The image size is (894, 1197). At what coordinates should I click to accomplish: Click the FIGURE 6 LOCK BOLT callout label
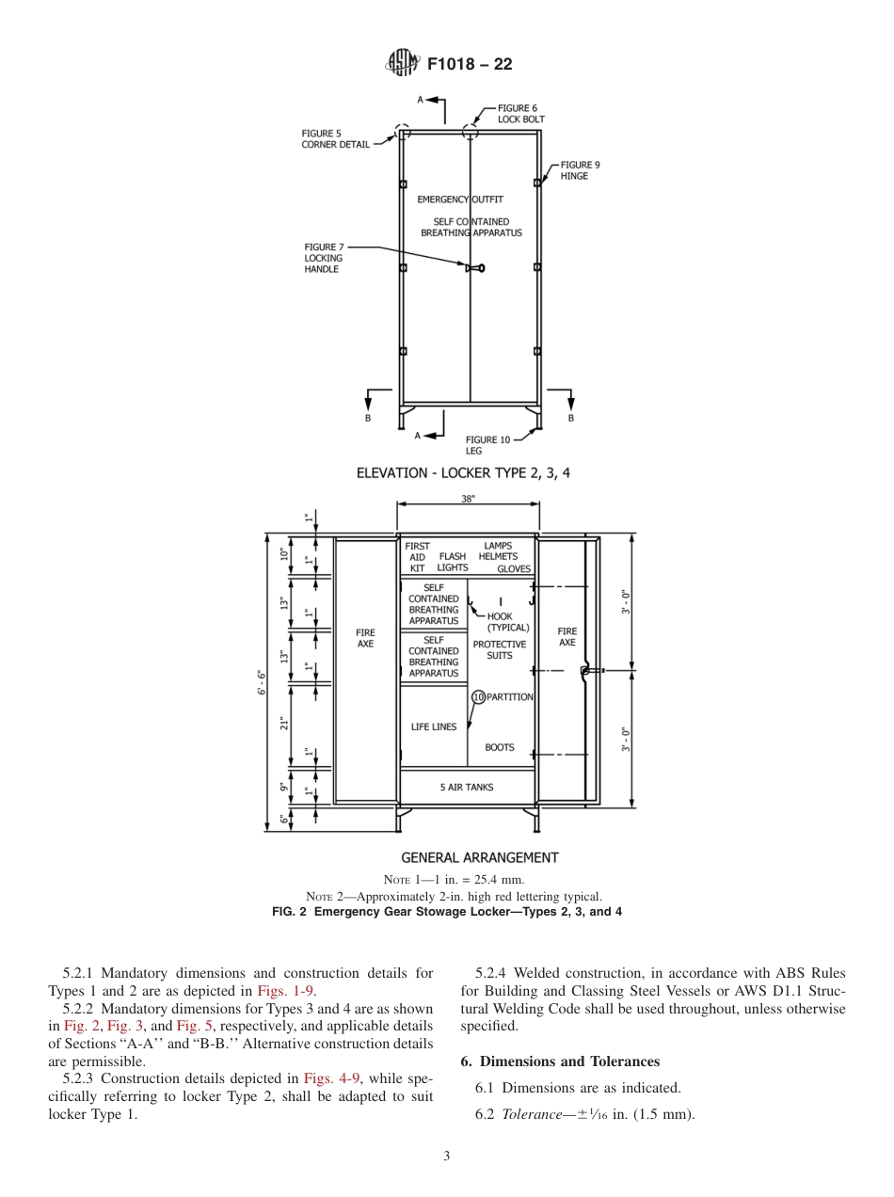pos(520,114)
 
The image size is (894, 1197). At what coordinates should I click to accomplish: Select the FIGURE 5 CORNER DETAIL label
pos(335,139)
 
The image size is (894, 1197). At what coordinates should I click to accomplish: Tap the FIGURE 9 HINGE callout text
pos(580,170)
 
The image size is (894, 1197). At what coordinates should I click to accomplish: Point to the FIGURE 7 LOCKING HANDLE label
pos(324,258)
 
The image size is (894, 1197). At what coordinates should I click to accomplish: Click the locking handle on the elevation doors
pos(475,268)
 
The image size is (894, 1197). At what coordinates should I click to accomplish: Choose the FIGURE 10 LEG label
pos(487,445)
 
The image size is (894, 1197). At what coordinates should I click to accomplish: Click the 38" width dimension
pos(468,500)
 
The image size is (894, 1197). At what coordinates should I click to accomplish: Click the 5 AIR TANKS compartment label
pos(467,787)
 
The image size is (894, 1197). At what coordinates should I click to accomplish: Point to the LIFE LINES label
pos(434,726)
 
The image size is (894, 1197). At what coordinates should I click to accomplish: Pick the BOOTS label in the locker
pos(500,747)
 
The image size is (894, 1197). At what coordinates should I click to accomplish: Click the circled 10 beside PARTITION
pos(478,697)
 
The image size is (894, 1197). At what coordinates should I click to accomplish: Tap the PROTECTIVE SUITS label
pos(499,650)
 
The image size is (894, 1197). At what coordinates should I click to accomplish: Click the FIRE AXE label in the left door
pos(365,638)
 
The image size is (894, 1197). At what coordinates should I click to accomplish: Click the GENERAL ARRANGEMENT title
pos(479,857)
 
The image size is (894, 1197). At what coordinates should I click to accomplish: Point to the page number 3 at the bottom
pos(447,1156)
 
